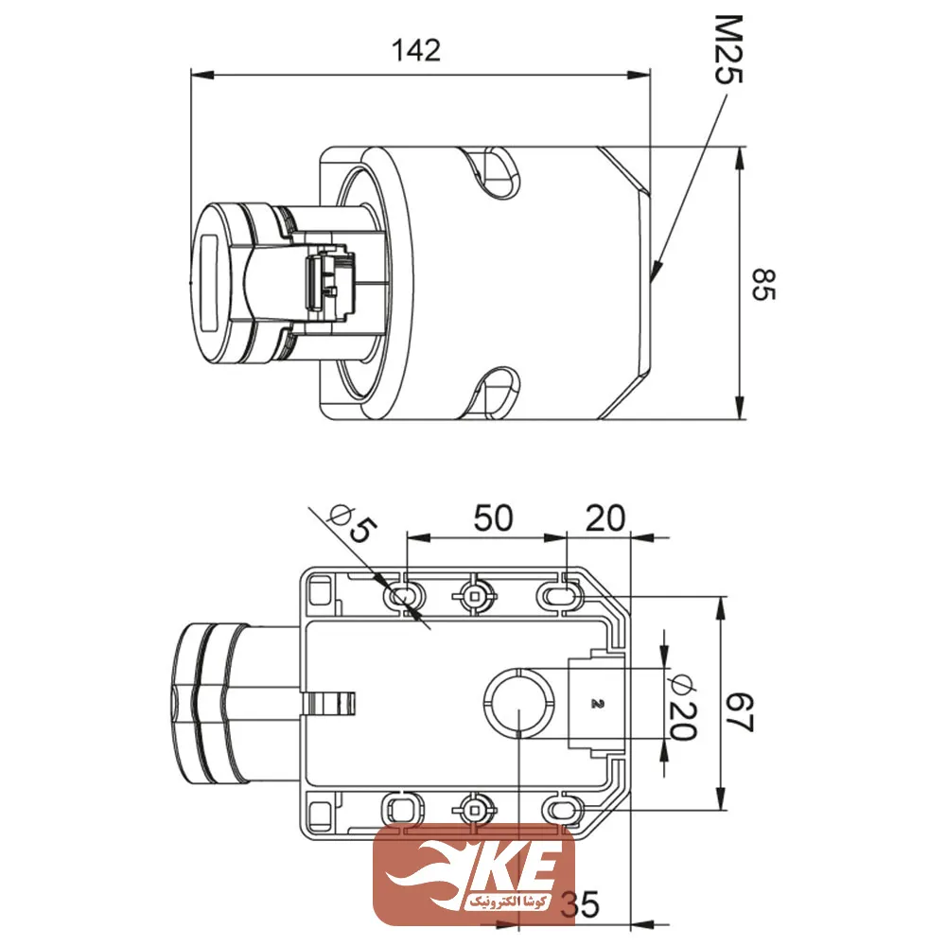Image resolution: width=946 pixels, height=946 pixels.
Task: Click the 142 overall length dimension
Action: pyautogui.click(x=417, y=50)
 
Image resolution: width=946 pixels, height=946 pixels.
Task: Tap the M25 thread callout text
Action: pyautogui.click(x=727, y=48)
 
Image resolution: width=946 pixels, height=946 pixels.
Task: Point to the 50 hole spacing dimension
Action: pyautogui.click(x=493, y=517)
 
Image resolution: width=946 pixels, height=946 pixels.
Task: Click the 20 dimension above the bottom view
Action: pyautogui.click(x=605, y=517)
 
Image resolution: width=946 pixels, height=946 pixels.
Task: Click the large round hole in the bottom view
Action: pyautogui.click(x=518, y=703)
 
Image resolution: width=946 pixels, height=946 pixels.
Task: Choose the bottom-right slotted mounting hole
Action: pyautogui.click(x=558, y=809)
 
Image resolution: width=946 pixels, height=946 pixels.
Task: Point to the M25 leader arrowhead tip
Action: pyautogui.click(x=654, y=280)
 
